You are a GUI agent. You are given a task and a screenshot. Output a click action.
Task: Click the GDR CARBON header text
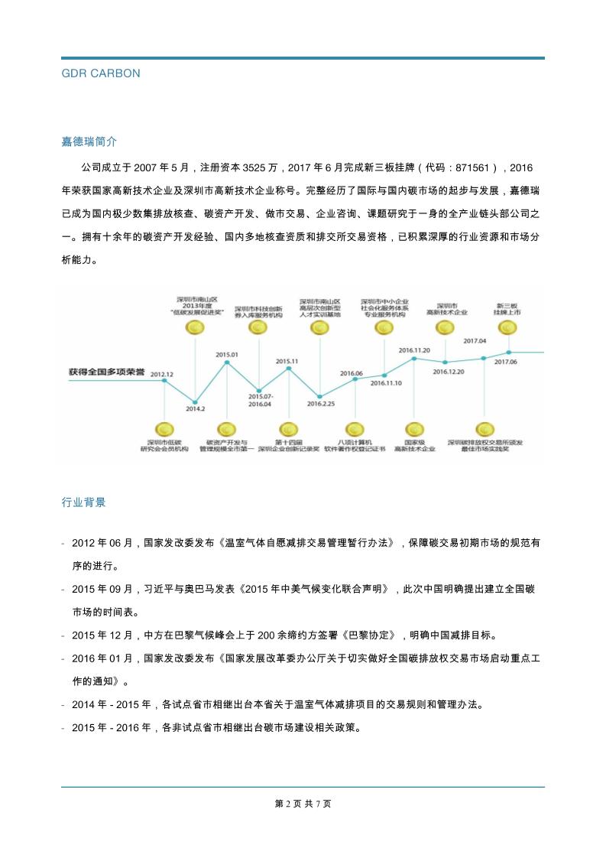(x=100, y=73)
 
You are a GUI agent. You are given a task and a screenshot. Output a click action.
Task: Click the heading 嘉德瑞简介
(x=89, y=141)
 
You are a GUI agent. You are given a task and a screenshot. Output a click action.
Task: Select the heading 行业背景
(x=83, y=502)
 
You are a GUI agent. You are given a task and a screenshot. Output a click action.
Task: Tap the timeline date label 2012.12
(x=161, y=374)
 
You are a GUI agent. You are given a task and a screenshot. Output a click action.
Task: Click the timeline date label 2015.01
(x=227, y=355)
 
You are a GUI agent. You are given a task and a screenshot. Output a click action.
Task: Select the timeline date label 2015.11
(x=287, y=361)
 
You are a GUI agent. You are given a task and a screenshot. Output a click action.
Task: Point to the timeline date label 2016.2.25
(x=320, y=403)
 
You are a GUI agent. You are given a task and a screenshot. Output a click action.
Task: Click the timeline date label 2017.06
(x=506, y=362)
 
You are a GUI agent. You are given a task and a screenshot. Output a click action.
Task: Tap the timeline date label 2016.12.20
(x=449, y=372)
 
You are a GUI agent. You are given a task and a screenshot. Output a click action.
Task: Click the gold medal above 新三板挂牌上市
(x=506, y=328)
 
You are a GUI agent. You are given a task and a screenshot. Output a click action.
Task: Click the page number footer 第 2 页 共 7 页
(x=303, y=804)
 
